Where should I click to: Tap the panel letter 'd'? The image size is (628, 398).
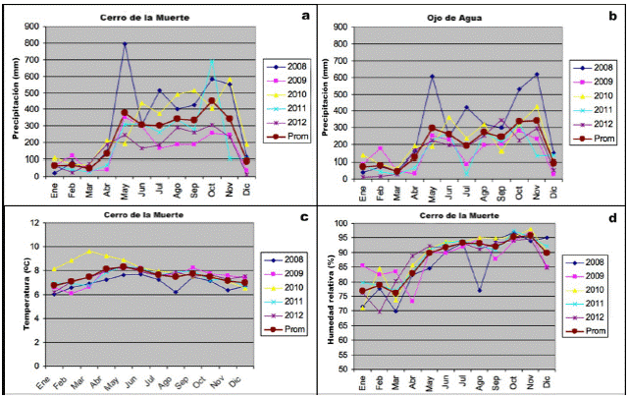pos(611,216)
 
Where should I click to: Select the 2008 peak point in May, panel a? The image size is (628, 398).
pos(125,43)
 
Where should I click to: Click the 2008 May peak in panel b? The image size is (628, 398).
pos(432,76)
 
